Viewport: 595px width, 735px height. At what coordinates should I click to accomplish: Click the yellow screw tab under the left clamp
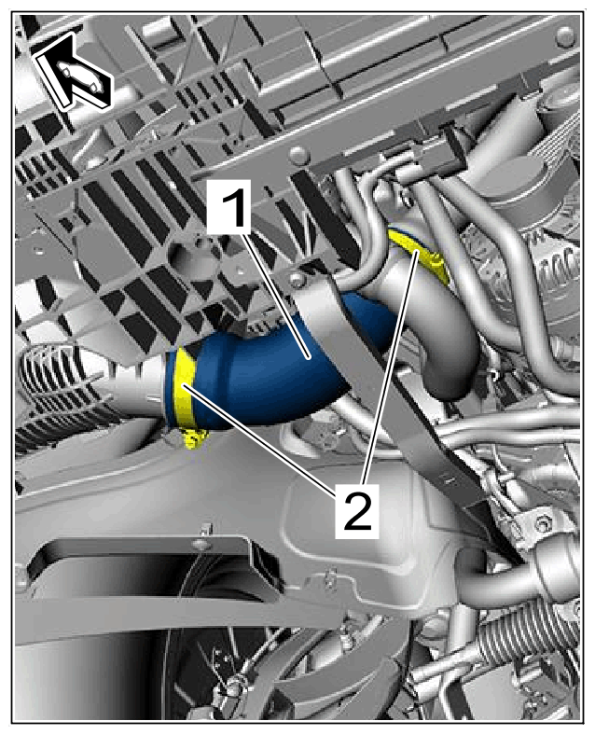point(194,438)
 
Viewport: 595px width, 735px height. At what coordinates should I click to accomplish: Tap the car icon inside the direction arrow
point(77,76)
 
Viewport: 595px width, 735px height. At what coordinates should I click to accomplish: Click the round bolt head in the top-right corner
point(565,35)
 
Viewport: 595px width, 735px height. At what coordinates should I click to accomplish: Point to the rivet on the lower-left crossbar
point(199,544)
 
